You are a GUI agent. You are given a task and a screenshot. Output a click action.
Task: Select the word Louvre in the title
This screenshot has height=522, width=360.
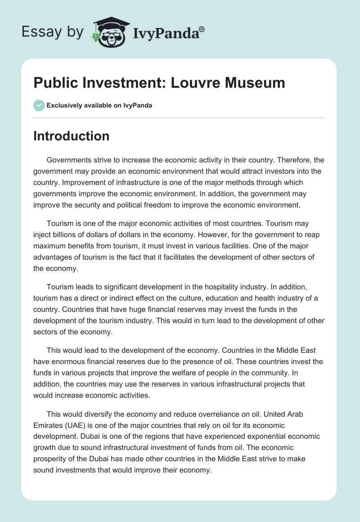tap(189, 83)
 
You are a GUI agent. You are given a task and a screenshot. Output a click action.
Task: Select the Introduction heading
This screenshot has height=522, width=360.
tap(71, 136)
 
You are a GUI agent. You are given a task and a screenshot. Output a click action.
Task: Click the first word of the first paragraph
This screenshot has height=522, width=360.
tap(70, 160)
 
